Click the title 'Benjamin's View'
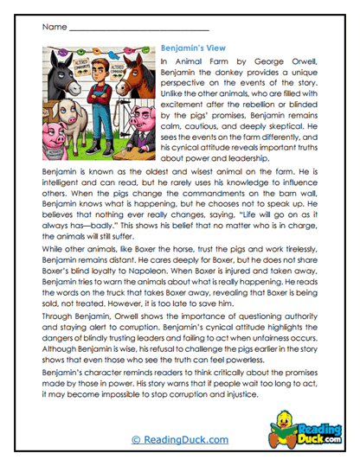(197, 50)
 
